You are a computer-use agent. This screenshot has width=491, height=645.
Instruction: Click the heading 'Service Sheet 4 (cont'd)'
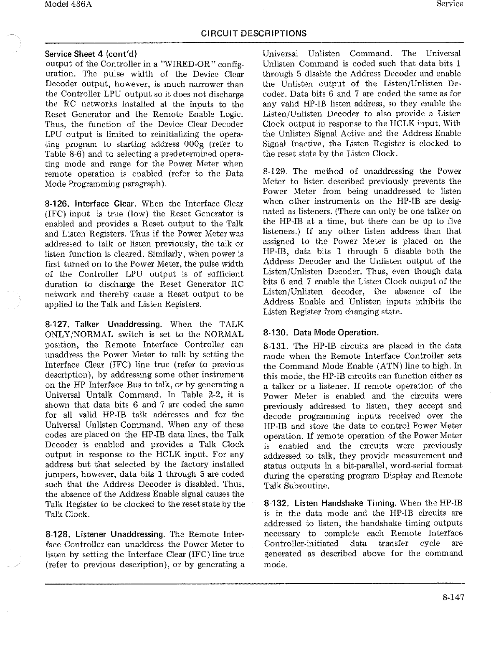[91, 54]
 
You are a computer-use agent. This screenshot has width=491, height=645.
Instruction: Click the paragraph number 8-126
[57, 204]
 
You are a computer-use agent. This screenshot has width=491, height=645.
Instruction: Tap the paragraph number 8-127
[57, 325]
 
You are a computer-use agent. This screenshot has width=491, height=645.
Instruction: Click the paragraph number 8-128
[57, 534]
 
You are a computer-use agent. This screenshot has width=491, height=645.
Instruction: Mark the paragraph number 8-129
[276, 171]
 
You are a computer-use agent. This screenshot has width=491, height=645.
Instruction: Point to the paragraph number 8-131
[276, 346]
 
